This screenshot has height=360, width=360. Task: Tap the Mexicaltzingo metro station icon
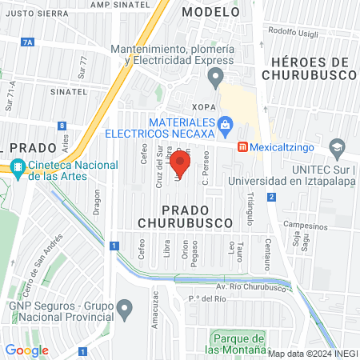[242, 148]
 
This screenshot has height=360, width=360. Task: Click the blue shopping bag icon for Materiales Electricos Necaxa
[226, 124]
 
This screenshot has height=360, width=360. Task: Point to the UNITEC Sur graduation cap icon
[338, 147]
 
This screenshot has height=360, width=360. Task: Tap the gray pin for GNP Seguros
[124, 307]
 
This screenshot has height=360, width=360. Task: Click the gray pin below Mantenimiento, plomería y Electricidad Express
[214, 78]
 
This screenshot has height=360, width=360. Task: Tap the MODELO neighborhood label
[210, 12]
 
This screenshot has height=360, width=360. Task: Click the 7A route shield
[30, 42]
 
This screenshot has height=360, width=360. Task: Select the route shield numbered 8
[62, 125]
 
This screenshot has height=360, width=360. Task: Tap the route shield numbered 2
[272, 197]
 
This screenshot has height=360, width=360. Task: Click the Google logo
[26, 350]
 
